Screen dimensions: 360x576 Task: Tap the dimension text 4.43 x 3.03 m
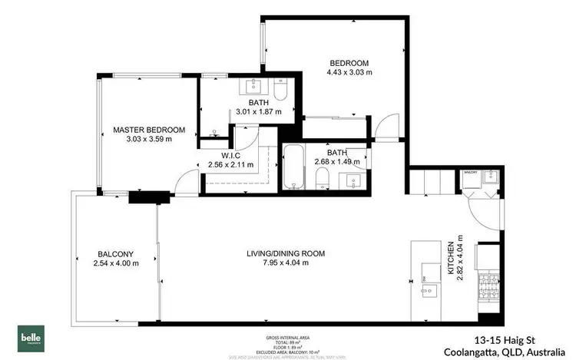coord(349,73)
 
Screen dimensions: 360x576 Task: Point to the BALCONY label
coord(116,254)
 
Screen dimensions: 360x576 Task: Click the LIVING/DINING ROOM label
coord(286,253)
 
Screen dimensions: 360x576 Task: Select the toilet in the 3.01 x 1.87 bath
coord(280,94)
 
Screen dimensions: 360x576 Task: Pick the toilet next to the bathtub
coord(323,181)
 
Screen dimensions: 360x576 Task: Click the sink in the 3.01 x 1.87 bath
coord(253,86)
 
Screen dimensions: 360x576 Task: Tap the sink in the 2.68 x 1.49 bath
coord(353,182)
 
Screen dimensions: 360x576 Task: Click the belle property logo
coord(31,338)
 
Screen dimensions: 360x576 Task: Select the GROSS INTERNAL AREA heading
coord(288,337)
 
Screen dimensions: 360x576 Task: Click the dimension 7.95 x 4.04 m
coord(286,263)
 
